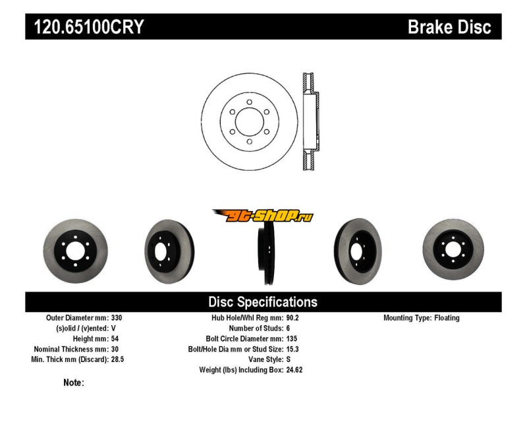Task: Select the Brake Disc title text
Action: click(449, 27)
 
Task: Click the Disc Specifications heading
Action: click(263, 302)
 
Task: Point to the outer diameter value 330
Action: click(117, 318)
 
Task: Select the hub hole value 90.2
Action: click(292, 318)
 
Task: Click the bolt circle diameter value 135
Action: click(291, 338)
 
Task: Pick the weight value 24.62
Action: click(294, 370)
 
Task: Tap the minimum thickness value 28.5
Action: click(119, 359)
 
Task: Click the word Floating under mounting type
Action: click(447, 318)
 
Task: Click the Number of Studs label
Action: click(256, 328)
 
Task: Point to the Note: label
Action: click(74, 383)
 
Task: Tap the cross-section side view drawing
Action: click(310, 121)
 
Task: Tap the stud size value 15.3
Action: click(292, 349)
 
